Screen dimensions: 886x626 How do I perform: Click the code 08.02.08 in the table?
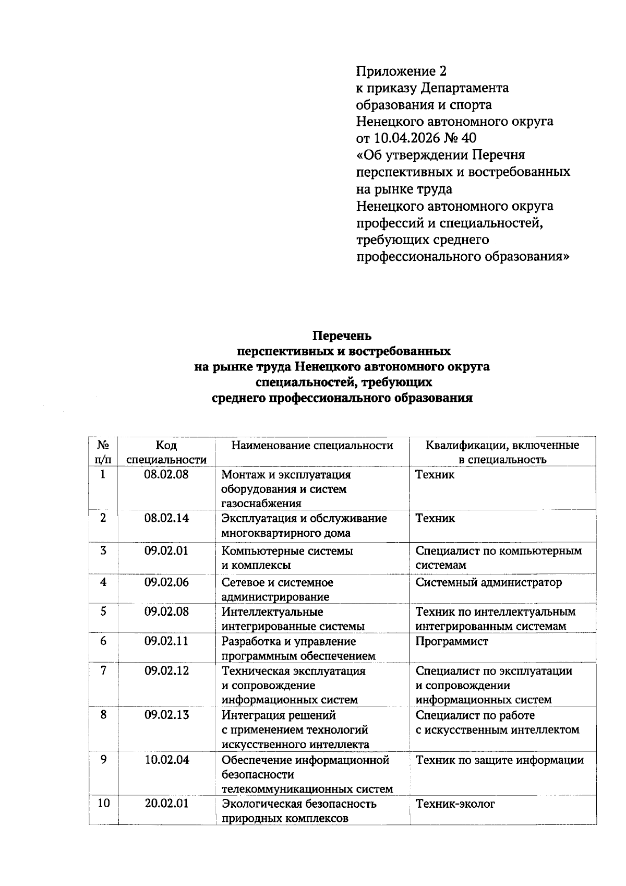[x=166, y=474]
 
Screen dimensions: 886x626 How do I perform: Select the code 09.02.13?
[x=166, y=715]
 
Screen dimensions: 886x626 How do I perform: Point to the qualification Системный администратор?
[x=488, y=582]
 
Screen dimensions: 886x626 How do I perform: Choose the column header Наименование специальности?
[x=312, y=446]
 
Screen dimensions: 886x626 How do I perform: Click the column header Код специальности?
[x=166, y=452]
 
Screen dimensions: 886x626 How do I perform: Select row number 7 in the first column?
[x=103, y=671]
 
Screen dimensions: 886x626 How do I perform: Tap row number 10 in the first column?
[x=103, y=804]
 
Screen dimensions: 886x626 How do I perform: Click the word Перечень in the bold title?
[x=342, y=336]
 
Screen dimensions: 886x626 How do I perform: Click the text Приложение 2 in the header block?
[x=401, y=71]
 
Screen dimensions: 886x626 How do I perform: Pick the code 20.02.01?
[x=166, y=804]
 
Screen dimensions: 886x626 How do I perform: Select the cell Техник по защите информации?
[x=499, y=760]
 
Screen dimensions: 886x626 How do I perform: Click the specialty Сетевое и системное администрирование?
[x=277, y=590]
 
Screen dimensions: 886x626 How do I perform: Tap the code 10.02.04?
[x=166, y=760]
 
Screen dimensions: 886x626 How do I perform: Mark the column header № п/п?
[x=103, y=452]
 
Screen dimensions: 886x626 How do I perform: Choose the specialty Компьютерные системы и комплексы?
[x=287, y=558]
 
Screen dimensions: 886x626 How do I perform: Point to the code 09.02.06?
[x=166, y=582]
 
